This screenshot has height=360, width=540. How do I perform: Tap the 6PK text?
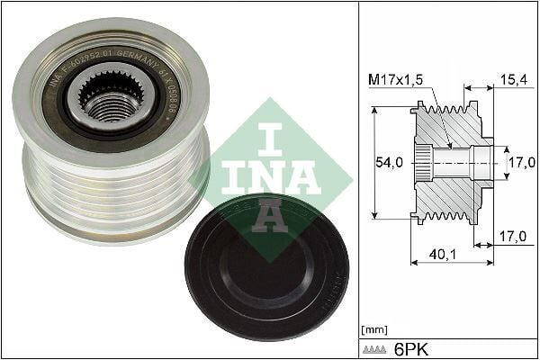pyautogui.click(x=411, y=346)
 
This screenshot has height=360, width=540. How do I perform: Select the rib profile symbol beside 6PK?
pyautogui.click(x=375, y=347)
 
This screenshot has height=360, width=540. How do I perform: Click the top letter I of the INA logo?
pyautogui.click(x=271, y=139)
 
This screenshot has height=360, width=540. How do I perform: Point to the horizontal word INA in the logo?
pyautogui.click(x=271, y=176)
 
